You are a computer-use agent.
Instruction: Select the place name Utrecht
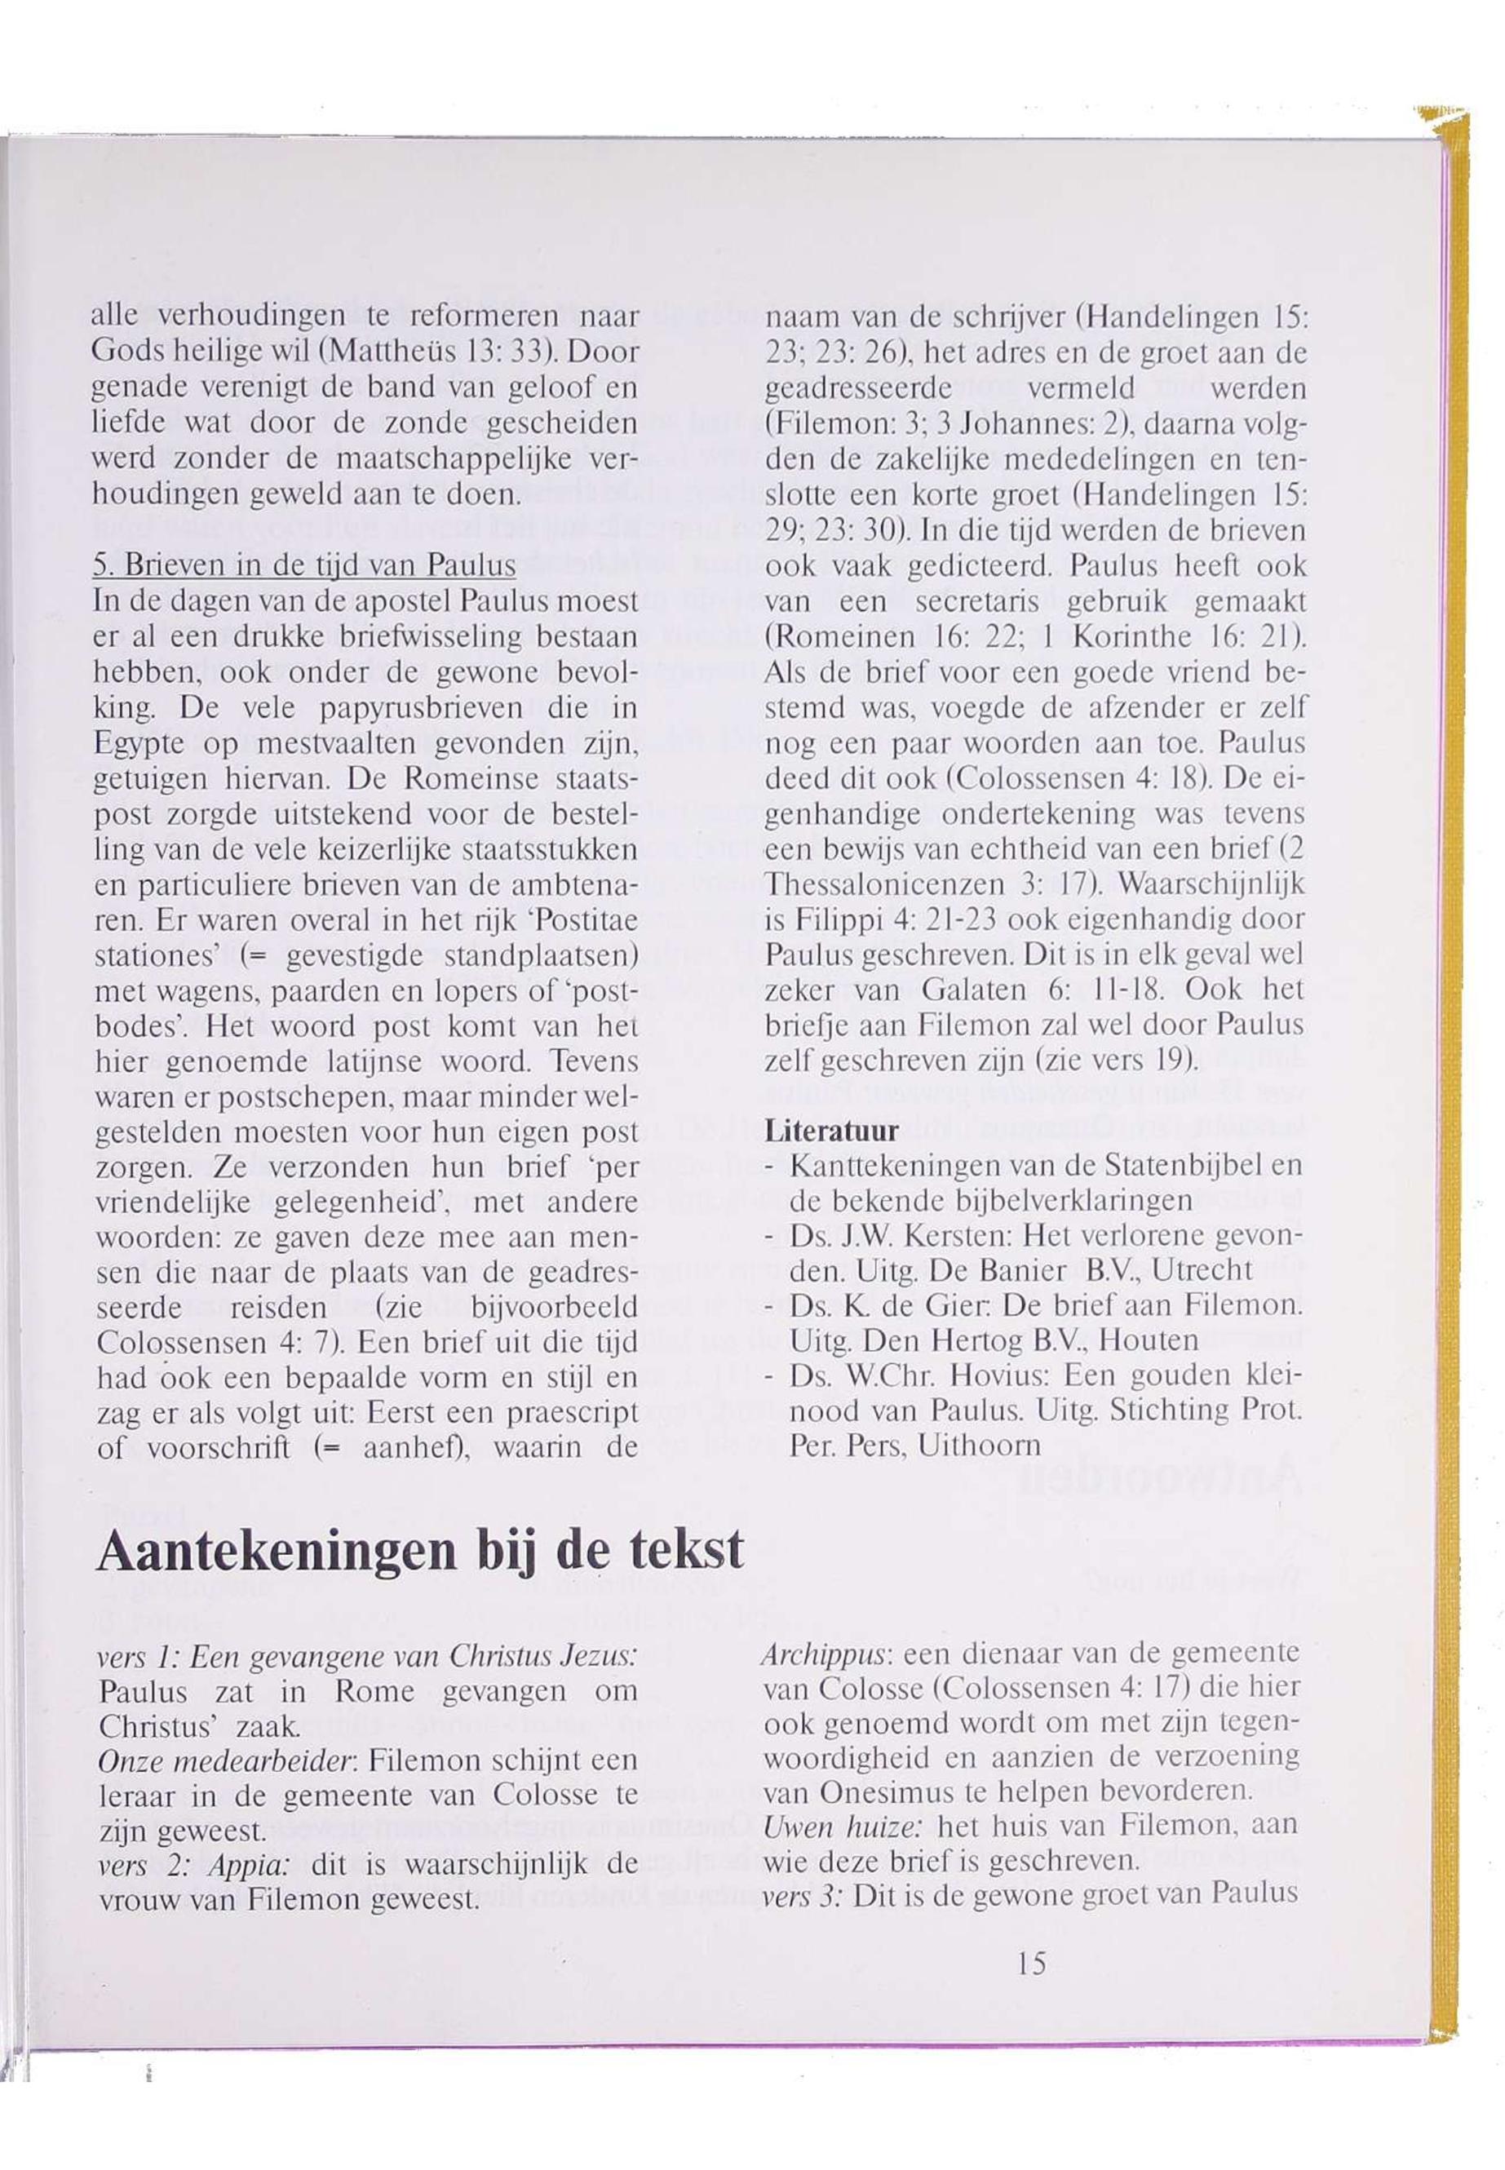pyautogui.click(x=1203, y=1270)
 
